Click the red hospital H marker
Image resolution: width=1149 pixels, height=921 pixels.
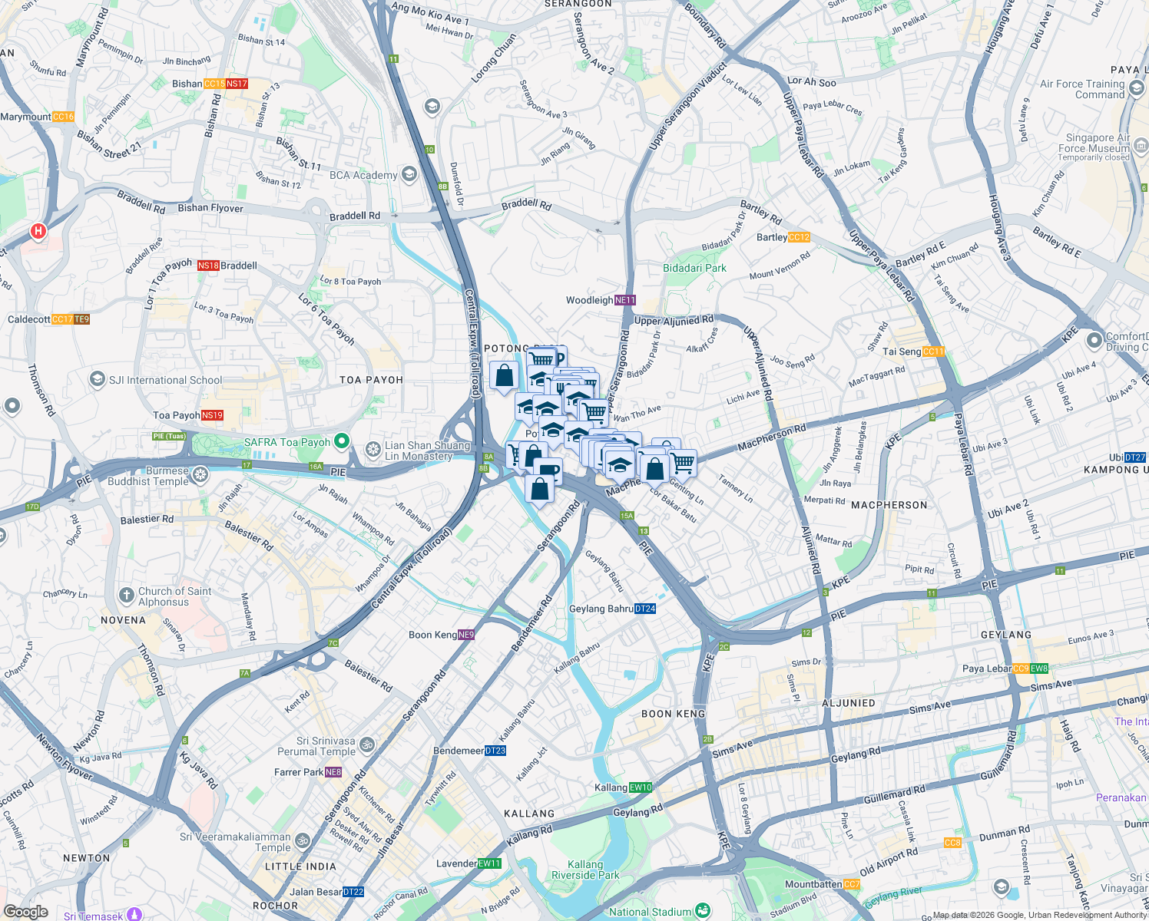point(38,230)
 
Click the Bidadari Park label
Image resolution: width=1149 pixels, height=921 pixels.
point(694,268)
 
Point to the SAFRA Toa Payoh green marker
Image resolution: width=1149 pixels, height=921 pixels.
point(342,441)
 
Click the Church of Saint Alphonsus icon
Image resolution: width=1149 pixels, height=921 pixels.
point(127,596)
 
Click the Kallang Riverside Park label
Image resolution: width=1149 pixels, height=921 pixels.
point(585,870)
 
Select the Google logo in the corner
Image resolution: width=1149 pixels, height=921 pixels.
point(26,912)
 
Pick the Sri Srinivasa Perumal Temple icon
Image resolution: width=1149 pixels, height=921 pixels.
point(367,744)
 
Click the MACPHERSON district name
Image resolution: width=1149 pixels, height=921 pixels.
point(889,505)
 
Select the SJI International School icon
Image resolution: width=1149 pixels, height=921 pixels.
point(98,379)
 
